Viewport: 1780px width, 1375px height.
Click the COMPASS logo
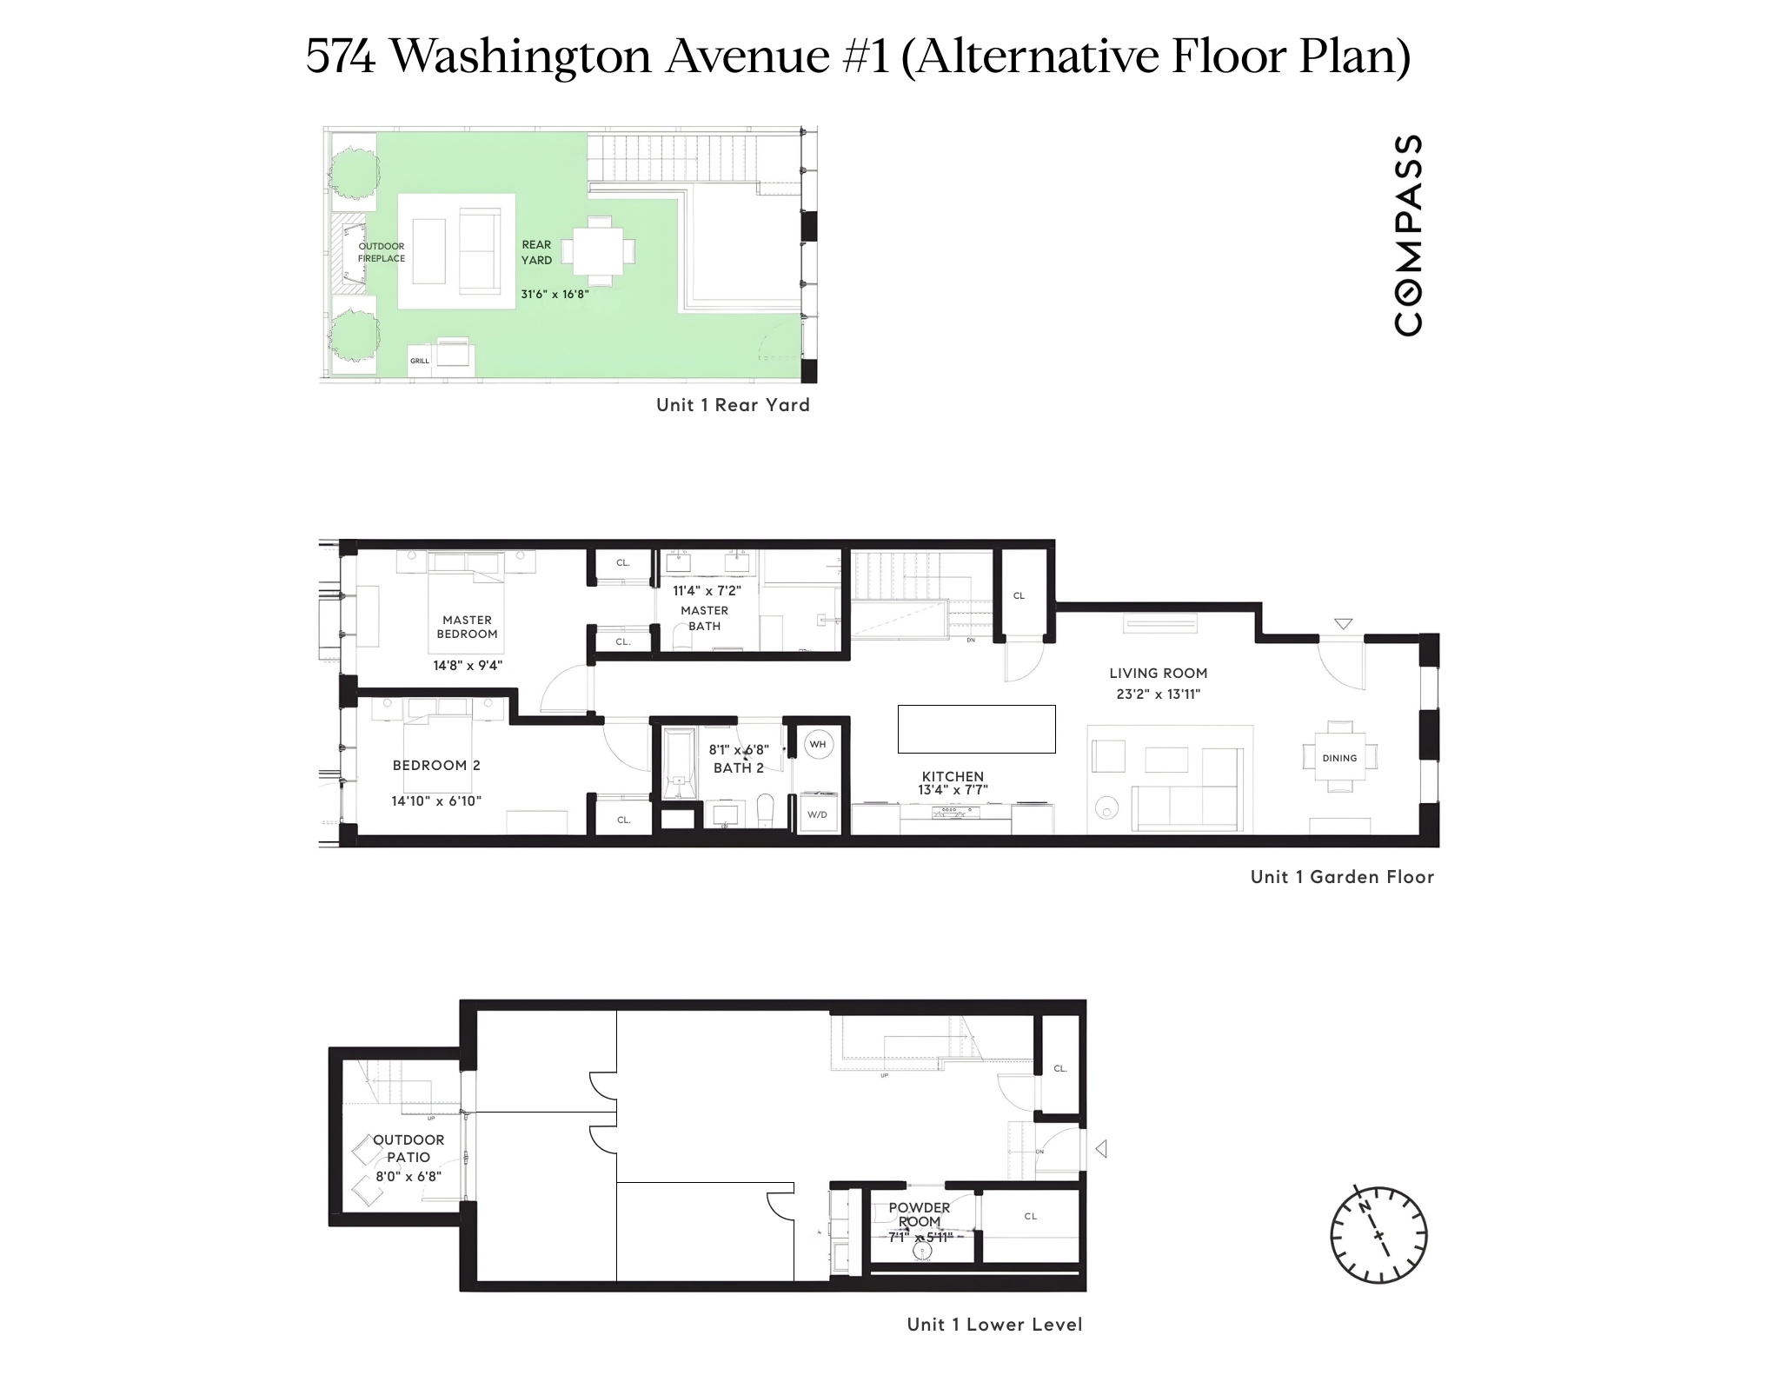[x=1408, y=235]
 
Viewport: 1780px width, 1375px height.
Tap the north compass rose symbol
[x=1378, y=1233]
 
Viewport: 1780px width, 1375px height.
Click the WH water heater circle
[x=818, y=745]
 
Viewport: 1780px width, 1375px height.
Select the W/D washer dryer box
[x=818, y=814]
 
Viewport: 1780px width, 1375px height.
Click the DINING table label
[x=1339, y=758]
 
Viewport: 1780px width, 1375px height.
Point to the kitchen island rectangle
[x=976, y=728]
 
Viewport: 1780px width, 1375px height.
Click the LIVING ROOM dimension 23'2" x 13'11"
[x=1158, y=694]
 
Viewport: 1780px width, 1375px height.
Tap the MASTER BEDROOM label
[x=468, y=627]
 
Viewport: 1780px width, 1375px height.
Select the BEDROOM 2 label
[x=436, y=766]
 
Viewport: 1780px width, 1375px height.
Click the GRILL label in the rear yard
[x=420, y=361]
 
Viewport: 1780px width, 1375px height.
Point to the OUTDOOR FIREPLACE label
[x=382, y=252]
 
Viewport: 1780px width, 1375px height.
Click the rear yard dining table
[x=598, y=252]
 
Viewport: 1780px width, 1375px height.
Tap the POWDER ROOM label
[x=920, y=1214]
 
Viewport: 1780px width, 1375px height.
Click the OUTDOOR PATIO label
[x=408, y=1148]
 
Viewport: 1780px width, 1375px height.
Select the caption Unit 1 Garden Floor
[x=1342, y=877]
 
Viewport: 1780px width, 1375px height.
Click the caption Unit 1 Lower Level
[x=994, y=1325]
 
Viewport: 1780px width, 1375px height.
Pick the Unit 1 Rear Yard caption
[x=733, y=405]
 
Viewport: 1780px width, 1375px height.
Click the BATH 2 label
[x=739, y=768]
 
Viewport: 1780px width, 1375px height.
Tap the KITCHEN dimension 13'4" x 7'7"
[x=953, y=790]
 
